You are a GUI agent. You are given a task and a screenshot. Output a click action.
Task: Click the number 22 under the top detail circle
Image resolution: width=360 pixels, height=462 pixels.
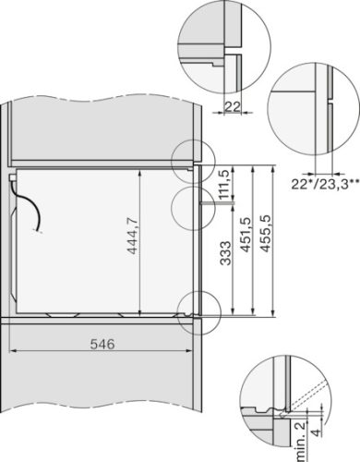[234, 107]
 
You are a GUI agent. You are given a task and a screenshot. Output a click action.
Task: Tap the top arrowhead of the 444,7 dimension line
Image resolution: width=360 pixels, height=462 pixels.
[138, 172]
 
